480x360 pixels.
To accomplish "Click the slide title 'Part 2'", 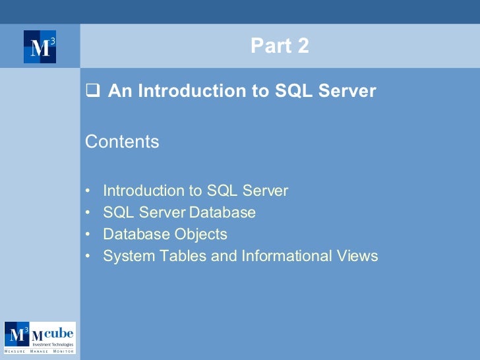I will tap(280, 46).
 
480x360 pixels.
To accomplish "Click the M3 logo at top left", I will tap(40, 47).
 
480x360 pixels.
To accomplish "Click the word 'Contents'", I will tap(123, 142).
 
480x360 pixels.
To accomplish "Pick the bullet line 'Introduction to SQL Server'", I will tap(196, 191).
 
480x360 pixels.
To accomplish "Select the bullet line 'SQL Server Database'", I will tap(179, 213).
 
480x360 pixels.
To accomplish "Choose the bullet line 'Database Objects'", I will tap(165, 235).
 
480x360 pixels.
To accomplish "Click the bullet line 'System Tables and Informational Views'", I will tap(240, 256).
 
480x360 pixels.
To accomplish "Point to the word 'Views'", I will tap(359, 256).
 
